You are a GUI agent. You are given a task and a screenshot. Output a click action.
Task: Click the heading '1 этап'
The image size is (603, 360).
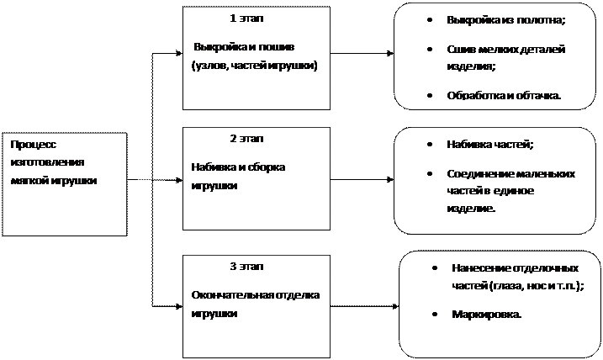246,19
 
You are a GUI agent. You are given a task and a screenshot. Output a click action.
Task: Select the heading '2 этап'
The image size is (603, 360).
246,139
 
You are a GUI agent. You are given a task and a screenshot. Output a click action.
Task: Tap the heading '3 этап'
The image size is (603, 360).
246,266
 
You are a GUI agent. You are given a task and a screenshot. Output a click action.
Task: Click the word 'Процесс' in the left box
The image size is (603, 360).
34,145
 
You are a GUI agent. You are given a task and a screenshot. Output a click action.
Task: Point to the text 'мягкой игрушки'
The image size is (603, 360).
54,181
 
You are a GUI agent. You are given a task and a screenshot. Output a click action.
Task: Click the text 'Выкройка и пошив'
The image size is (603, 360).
244,47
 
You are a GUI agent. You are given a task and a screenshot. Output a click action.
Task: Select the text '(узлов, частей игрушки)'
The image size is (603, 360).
254,66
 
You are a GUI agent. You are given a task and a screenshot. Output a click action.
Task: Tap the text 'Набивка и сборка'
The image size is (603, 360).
238,167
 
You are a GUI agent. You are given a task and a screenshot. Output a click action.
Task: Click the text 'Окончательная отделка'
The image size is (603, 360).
256,295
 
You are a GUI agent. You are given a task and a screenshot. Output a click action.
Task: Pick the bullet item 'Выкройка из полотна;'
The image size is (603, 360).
506,20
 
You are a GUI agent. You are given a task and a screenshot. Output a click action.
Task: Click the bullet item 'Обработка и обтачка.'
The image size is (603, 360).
504,95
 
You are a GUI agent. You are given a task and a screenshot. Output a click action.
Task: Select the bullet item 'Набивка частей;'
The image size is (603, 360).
490,144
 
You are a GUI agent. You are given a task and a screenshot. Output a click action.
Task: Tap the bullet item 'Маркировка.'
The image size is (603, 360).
487,315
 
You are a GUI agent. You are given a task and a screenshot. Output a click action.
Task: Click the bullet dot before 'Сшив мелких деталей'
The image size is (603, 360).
430,50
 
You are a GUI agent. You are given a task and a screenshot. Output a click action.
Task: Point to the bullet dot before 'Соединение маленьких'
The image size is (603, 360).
430,174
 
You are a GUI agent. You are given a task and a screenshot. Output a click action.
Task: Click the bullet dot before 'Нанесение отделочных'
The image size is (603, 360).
435,268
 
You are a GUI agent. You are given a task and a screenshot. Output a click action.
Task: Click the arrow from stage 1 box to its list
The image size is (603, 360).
362,54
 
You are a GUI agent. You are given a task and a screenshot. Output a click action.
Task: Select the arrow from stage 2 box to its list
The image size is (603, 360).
362,179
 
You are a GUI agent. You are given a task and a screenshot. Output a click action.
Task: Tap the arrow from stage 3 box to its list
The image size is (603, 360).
364,306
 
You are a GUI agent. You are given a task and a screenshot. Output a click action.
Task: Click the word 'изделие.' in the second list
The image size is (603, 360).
471,209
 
